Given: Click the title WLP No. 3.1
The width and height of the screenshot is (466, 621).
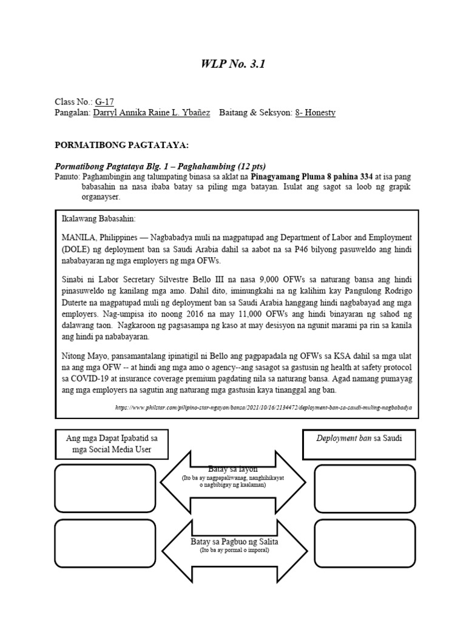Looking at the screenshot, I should pyautogui.click(x=232, y=64).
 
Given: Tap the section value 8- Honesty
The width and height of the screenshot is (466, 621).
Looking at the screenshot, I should pyautogui.click(x=315, y=112).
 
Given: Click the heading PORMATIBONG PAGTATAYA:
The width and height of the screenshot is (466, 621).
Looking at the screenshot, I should pyautogui.click(x=122, y=146).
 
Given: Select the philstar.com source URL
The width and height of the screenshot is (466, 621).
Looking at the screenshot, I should pyautogui.click(x=263, y=408).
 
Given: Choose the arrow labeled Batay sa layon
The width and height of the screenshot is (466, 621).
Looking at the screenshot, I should pyautogui.click(x=234, y=480).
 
